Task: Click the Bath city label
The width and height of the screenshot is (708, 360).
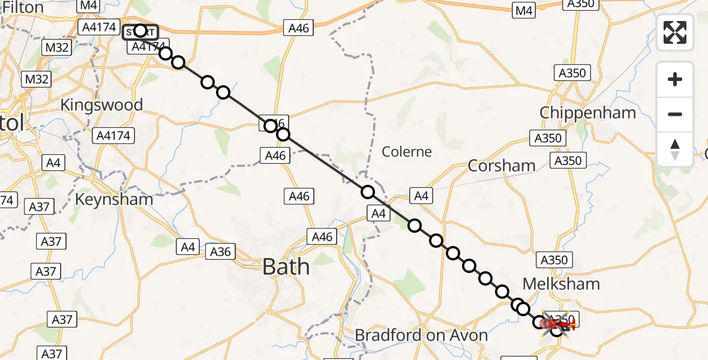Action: (286, 266)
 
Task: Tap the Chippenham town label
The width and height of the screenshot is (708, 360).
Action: (587, 113)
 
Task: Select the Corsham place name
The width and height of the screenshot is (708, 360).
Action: (501, 166)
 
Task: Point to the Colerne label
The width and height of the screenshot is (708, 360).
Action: (407, 152)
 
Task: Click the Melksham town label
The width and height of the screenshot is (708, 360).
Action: (562, 283)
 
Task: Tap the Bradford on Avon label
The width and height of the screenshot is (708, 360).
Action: (421, 335)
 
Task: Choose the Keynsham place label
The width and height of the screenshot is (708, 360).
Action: (114, 199)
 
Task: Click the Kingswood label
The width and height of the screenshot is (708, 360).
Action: (101, 105)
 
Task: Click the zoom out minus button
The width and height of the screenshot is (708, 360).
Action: (675, 114)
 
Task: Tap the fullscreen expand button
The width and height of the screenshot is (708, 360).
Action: (675, 32)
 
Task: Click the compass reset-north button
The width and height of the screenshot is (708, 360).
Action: (675, 149)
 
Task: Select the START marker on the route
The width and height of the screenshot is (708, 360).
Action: (140, 31)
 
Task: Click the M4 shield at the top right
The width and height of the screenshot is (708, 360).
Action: (524, 10)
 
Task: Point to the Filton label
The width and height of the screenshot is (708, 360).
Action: (23, 8)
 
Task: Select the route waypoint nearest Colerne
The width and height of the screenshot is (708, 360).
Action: (368, 192)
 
